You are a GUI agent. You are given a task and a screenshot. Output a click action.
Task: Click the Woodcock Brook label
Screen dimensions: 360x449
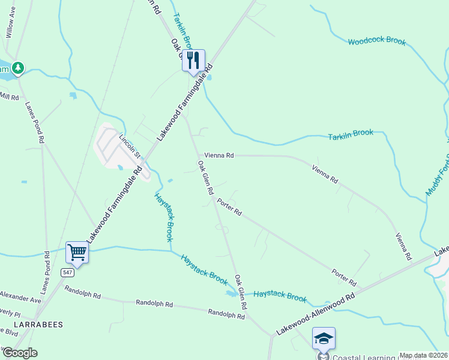pos(377,42)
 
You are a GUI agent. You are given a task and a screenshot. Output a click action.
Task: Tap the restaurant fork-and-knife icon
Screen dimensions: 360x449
pos(193,60)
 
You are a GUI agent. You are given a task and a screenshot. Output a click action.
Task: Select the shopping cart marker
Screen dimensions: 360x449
pos(77,253)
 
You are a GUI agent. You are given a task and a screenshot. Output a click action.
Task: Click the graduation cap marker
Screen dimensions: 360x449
pos(324,338)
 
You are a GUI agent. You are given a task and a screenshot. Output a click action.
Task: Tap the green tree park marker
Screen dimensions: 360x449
pos(19,67)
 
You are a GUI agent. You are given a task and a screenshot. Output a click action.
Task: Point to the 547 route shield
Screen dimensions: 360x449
pos(67,272)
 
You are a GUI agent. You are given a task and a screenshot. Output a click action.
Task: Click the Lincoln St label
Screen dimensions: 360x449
pos(129,146)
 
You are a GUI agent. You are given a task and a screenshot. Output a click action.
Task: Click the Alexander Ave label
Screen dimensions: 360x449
pos(20,296)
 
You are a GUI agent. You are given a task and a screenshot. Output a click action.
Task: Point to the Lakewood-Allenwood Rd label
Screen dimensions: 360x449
pos(316,314)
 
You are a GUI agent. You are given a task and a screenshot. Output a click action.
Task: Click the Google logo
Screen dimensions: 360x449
pos(20,353)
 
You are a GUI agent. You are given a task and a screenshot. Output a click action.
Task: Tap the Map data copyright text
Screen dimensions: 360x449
pos(423,355)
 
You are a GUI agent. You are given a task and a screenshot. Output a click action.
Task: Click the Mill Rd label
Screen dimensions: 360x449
pos(10,96)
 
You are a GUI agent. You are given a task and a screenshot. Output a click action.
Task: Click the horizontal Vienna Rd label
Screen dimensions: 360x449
pos(218,155)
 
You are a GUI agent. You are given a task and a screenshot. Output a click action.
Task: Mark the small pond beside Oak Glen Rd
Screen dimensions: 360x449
pos(231,294)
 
